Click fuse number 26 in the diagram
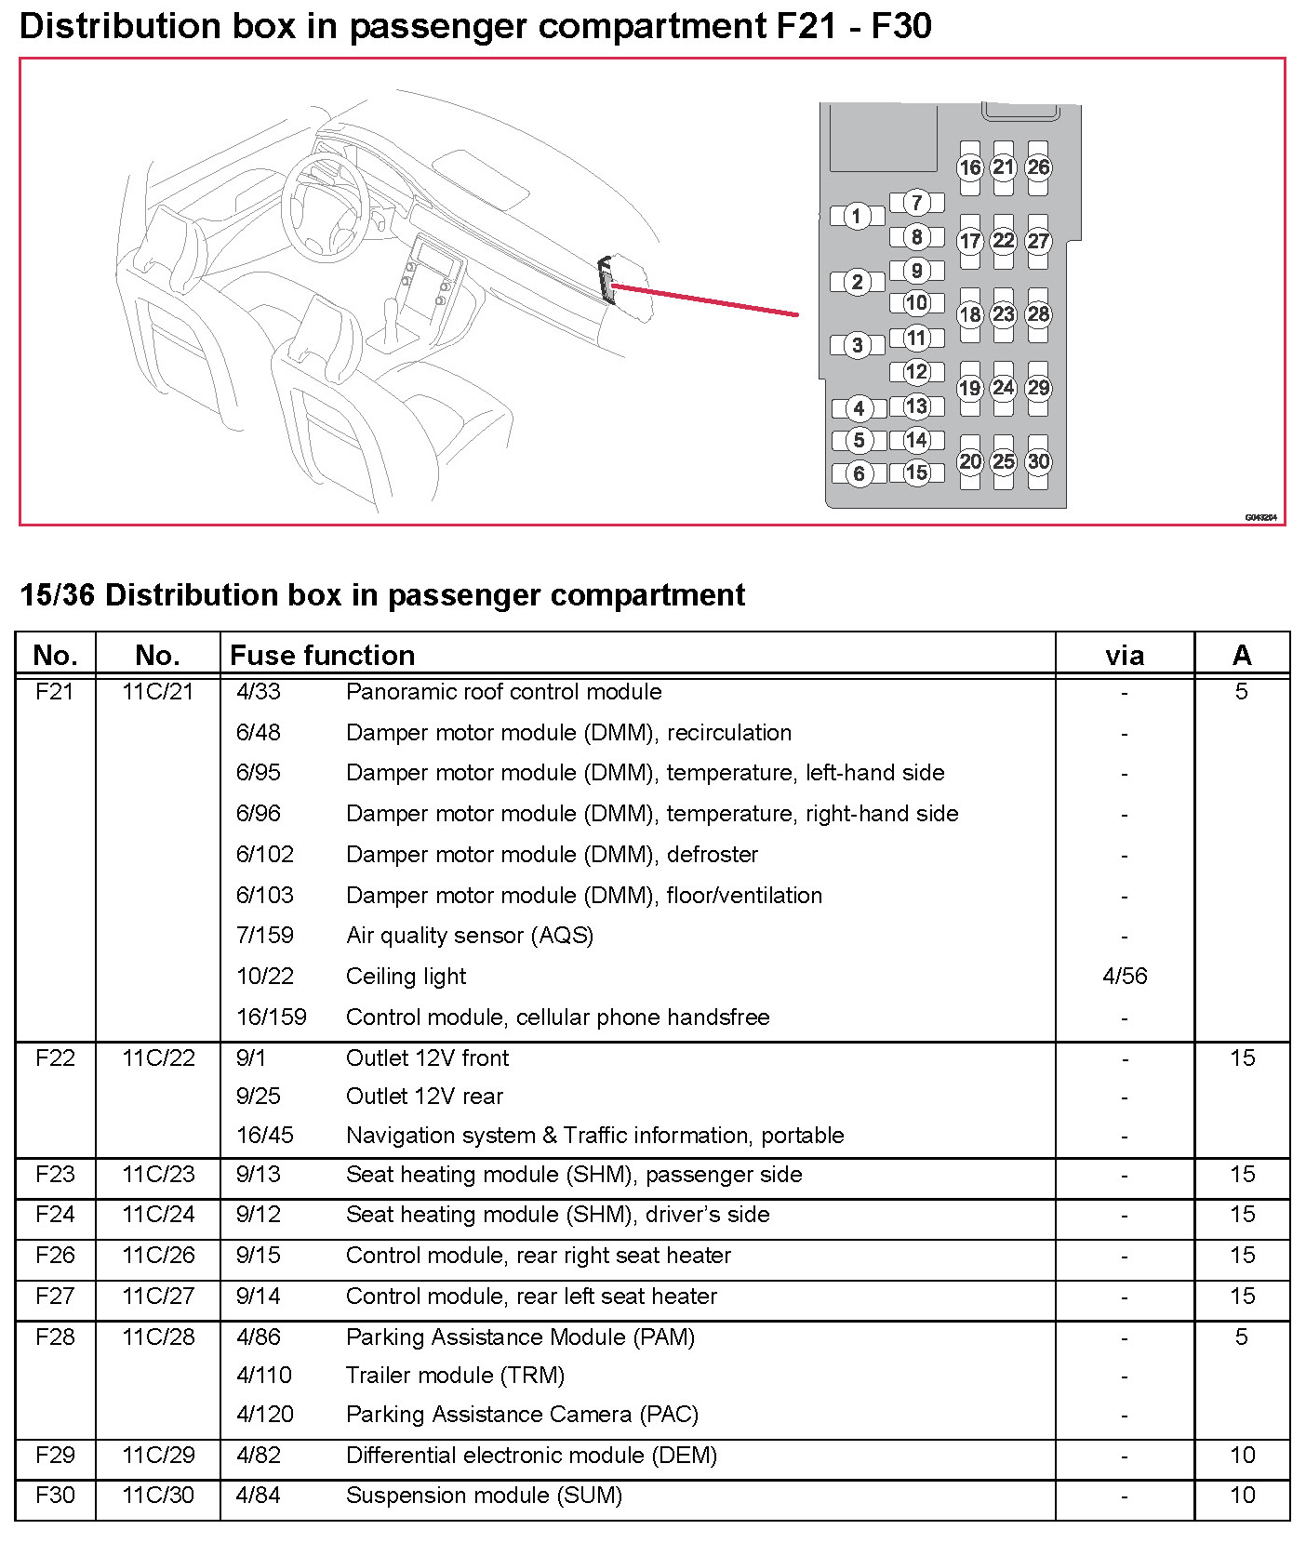click(1038, 167)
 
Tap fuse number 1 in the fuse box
click(857, 217)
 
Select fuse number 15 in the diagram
click(916, 472)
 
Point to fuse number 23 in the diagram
click(1003, 314)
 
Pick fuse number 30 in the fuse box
click(1038, 461)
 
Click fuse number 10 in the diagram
click(916, 303)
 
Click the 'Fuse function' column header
click(322, 656)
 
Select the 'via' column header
click(1124, 656)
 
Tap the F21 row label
click(54, 692)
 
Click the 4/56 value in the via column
click(1124, 977)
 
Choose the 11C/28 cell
click(158, 1337)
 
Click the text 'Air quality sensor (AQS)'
click(470, 936)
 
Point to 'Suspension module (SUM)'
click(484, 1496)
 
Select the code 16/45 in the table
click(265, 1136)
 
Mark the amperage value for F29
click(1242, 1456)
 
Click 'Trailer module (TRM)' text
click(455, 1376)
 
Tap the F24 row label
click(54, 1215)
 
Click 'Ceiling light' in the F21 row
click(406, 977)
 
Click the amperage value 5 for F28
click(1241, 1337)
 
